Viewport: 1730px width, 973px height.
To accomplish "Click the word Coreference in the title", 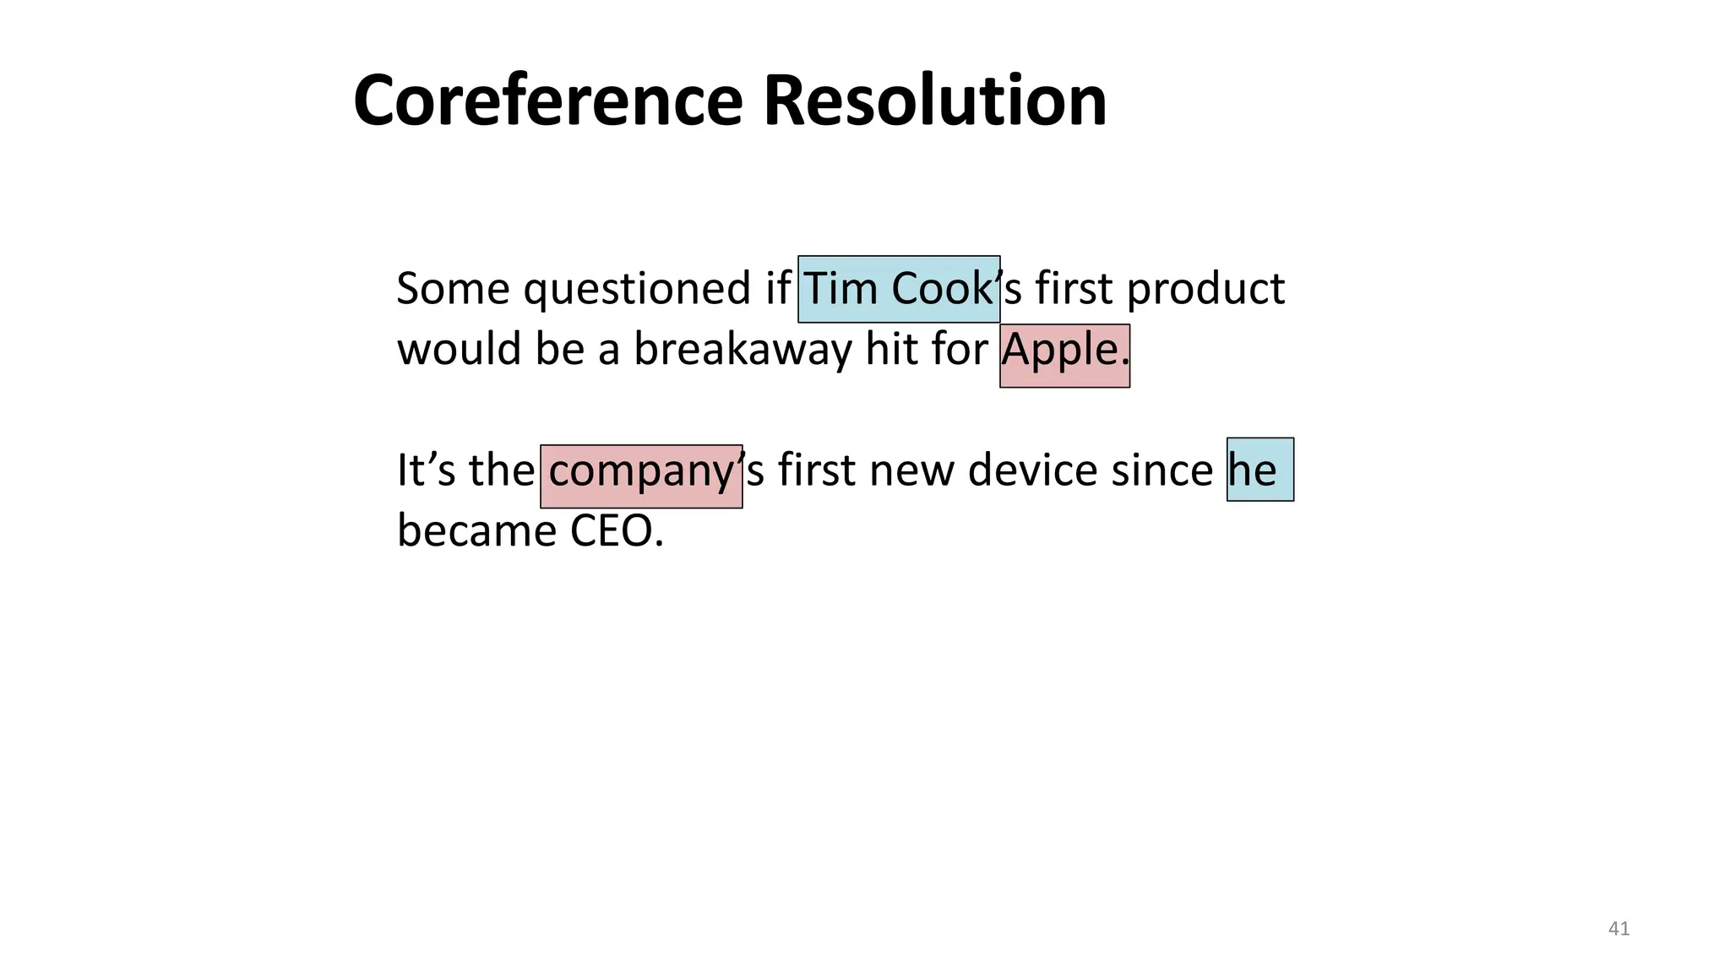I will pos(547,101).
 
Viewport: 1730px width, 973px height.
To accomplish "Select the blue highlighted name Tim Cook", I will pos(899,289).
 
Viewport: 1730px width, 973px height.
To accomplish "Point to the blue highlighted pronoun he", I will pos(1259,470).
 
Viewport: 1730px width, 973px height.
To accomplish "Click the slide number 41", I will pos(1618,929).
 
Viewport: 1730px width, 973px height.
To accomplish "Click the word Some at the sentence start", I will pos(453,289).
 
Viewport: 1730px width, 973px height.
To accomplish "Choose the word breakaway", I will pos(743,350).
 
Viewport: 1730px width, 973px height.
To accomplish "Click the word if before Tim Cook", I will pos(777,289).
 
